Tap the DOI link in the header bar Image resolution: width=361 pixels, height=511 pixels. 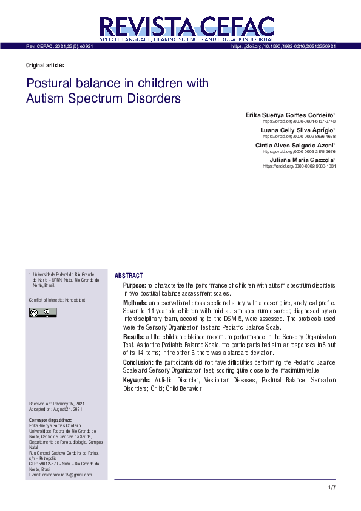283,46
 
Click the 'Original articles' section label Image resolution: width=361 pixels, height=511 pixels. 45,66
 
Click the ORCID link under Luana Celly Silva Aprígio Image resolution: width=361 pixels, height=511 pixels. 299,137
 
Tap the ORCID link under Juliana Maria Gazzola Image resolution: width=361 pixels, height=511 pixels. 299,166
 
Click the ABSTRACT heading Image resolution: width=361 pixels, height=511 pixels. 129,276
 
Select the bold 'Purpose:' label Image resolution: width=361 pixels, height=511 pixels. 134,285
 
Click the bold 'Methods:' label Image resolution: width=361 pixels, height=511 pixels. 135,302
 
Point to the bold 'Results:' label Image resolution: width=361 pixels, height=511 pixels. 133,336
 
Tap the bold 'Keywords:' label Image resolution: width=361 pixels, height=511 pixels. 137,379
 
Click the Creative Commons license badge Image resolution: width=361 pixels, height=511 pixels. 42,313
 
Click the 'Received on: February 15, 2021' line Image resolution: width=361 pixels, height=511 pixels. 56,404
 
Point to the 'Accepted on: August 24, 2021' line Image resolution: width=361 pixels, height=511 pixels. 56,409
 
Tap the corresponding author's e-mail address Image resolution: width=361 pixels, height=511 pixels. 60,475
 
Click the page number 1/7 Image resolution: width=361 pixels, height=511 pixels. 331,488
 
